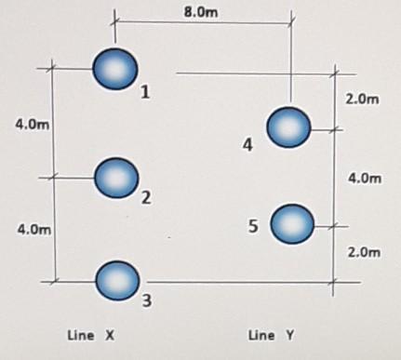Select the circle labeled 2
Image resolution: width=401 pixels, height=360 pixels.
click(116, 177)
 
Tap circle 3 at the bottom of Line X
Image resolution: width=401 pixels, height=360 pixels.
click(116, 280)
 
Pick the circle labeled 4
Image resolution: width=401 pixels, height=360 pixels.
click(289, 127)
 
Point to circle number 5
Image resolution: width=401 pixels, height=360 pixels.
click(292, 224)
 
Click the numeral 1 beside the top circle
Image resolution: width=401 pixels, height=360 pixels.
click(146, 93)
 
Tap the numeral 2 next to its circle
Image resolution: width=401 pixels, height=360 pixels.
click(146, 198)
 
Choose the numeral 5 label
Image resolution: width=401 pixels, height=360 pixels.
click(253, 224)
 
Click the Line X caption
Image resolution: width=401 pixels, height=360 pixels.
click(90, 335)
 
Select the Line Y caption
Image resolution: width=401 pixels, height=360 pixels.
click(272, 335)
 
